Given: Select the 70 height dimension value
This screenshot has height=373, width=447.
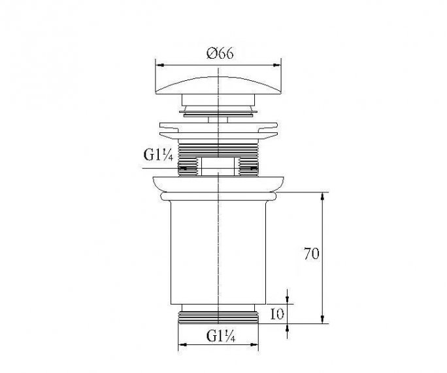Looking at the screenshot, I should pyautogui.click(x=311, y=254).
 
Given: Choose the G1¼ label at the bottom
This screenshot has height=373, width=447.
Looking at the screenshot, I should pyautogui.click(x=219, y=336).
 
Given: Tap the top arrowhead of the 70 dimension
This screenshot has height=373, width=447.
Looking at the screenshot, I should pyautogui.click(x=323, y=195).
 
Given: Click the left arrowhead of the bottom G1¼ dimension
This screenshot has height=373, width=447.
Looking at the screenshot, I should pyautogui.click(x=181, y=345).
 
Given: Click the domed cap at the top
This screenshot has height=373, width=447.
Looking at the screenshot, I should pyautogui.click(x=218, y=83).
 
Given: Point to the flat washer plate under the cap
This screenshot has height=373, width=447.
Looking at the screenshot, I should pyautogui.click(x=218, y=128).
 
